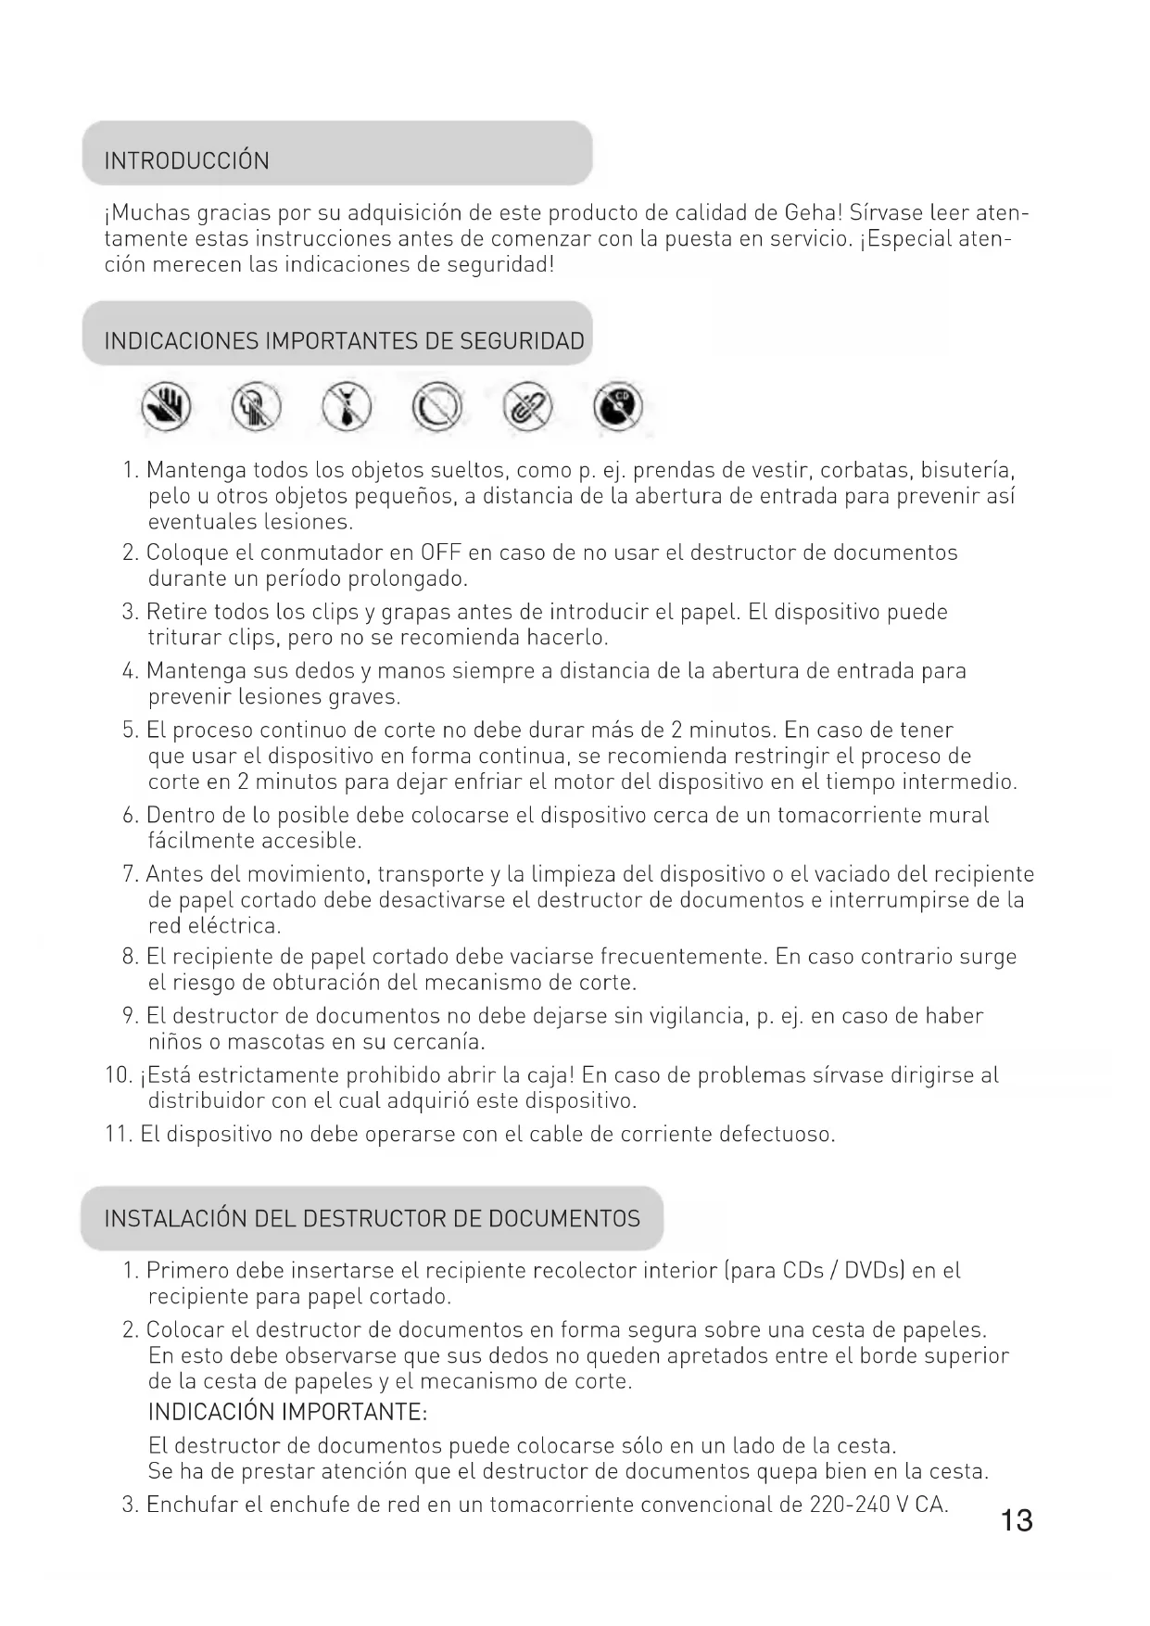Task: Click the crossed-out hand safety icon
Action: pyautogui.click(x=167, y=408)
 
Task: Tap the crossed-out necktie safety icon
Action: pyautogui.click(x=347, y=408)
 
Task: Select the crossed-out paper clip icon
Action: pyautogui.click(x=527, y=408)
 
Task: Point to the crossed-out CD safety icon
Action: pyautogui.click(x=617, y=408)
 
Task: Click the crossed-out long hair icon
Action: pyautogui.click(x=257, y=408)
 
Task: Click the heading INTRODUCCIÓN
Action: pyautogui.click(x=186, y=160)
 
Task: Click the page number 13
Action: pyautogui.click(x=1017, y=1520)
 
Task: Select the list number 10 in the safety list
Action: pyautogui.click(x=118, y=1075)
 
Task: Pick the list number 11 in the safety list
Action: pyautogui.click(x=118, y=1134)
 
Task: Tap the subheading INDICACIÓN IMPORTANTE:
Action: pyautogui.click(x=287, y=1412)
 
